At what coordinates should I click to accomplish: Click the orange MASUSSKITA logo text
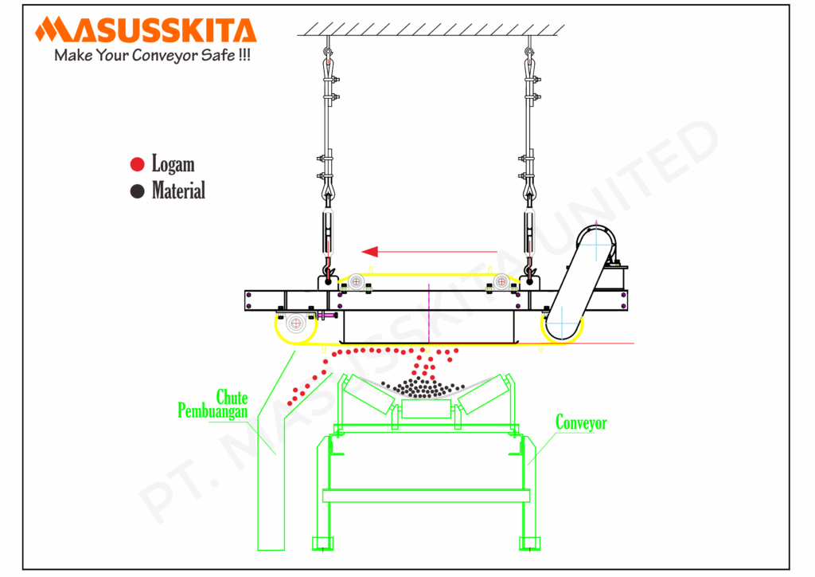coord(146,29)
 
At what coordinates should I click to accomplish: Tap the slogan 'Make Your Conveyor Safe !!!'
coord(152,55)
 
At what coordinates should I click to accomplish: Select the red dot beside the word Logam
coord(137,164)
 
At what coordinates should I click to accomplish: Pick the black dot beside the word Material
coord(137,191)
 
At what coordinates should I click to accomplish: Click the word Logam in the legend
coord(173,164)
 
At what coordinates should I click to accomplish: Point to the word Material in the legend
coord(178,190)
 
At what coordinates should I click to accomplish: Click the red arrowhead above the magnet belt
coord(369,252)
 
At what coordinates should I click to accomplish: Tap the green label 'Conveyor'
coord(581,422)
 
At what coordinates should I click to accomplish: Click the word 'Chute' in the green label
coord(232,398)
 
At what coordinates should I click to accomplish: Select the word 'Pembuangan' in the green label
coord(213,410)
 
